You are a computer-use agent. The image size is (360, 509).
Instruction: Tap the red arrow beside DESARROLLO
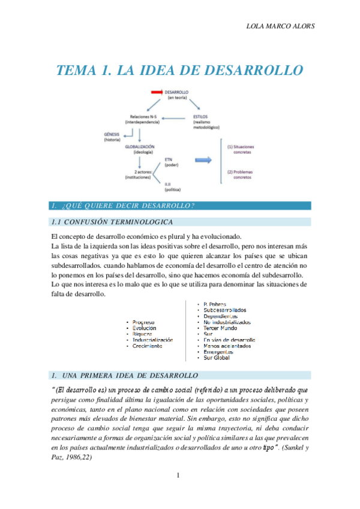point(156,92)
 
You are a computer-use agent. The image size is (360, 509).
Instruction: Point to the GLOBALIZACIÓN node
point(140,146)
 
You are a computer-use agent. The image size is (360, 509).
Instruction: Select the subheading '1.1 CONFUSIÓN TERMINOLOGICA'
point(109,222)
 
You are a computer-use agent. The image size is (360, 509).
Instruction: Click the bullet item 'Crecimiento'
point(148,346)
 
